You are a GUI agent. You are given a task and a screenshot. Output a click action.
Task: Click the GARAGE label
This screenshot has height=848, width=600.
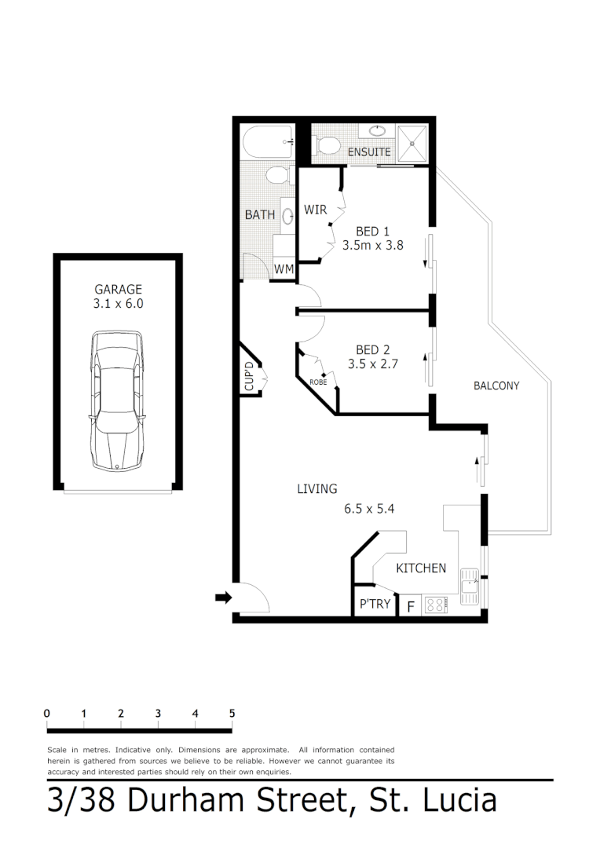pyautogui.click(x=118, y=289)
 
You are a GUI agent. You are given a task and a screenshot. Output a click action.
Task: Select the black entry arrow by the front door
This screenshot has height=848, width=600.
pyautogui.click(x=223, y=598)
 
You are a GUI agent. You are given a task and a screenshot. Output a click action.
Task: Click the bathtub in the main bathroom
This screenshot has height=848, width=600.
pyautogui.click(x=268, y=143)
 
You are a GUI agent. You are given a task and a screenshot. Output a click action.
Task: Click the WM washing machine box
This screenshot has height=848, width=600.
pyautogui.click(x=284, y=269)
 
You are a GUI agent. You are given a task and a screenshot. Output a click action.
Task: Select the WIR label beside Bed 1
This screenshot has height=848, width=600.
pyautogui.click(x=315, y=210)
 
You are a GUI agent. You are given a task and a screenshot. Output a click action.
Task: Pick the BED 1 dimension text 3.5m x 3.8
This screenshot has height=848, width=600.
pyautogui.click(x=373, y=245)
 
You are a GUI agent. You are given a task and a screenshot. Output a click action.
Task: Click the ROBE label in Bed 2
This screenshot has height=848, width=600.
pyautogui.click(x=318, y=382)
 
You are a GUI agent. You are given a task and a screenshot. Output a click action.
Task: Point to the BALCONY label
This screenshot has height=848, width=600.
pyautogui.click(x=496, y=386)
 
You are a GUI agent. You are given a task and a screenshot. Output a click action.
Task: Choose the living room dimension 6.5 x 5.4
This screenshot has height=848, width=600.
pyautogui.click(x=368, y=508)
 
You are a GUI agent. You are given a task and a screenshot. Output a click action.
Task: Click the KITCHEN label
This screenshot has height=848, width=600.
pyautogui.click(x=421, y=568)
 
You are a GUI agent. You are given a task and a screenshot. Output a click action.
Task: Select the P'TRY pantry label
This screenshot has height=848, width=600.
pyautogui.click(x=375, y=605)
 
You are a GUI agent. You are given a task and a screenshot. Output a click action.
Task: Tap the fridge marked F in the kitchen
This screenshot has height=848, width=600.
pyautogui.click(x=410, y=606)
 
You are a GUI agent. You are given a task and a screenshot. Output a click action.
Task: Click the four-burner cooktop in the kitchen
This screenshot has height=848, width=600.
pyautogui.click(x=435, y=605)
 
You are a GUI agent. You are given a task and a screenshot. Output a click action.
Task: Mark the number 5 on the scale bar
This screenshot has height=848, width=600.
pyautogui.click(x=232, y=713)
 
